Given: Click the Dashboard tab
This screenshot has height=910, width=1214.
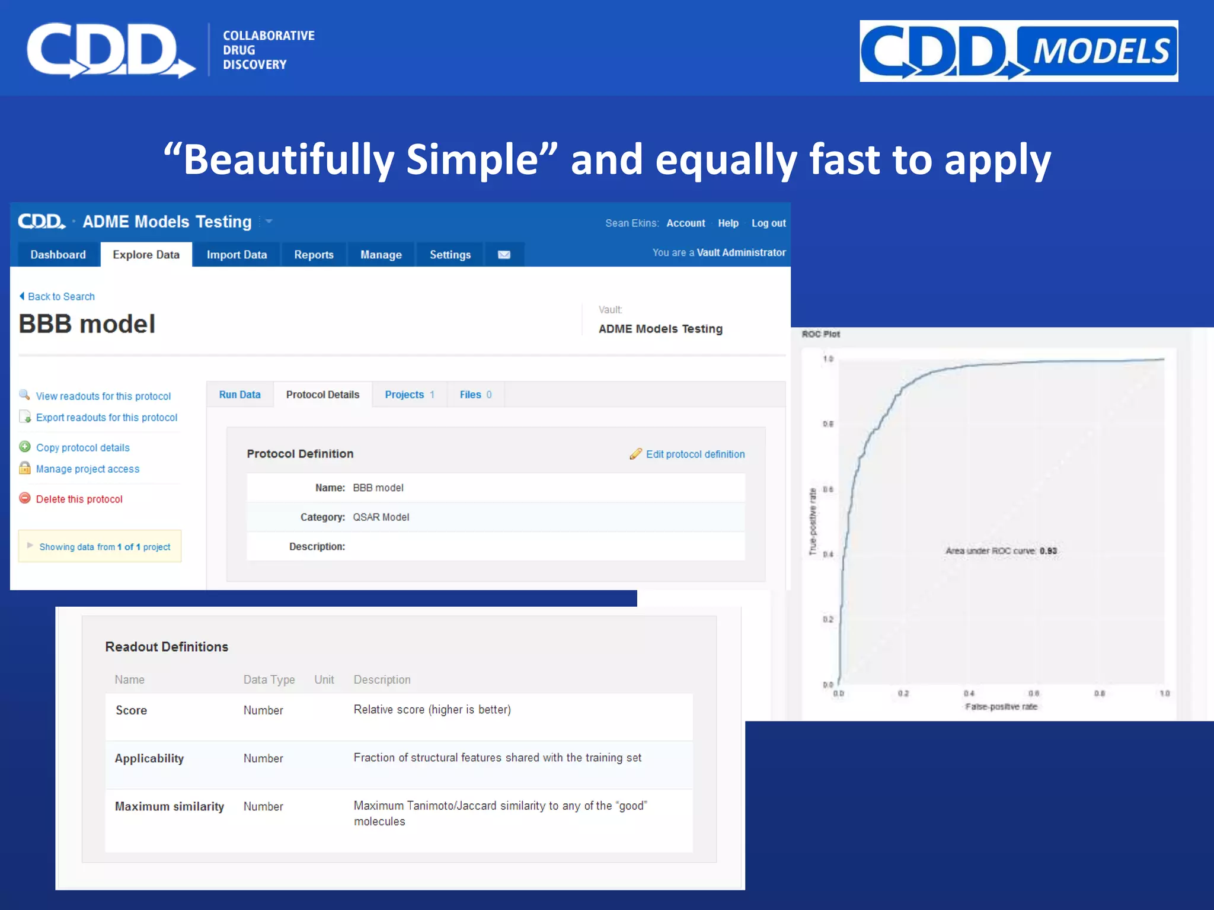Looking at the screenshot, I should tap(58, 255).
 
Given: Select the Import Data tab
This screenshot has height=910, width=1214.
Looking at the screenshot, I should tap(237, 255).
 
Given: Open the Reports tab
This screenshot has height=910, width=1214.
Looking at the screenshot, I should tap(314, 255).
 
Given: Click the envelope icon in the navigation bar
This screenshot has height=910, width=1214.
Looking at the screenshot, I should tap(504, 255).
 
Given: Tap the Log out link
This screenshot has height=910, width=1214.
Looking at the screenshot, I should tap(768, 223).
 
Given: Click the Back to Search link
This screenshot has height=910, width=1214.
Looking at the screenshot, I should tap(61, 297).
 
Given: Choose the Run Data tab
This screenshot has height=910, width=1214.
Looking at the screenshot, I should tap(239, 395).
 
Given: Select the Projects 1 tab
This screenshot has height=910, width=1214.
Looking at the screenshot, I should tap(410, 395).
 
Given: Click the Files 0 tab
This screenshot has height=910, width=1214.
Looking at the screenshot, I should tap(475, 395).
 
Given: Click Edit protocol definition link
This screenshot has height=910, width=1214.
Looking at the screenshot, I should tap(695, 454).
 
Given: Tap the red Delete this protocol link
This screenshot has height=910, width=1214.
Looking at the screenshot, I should tap(79, 499).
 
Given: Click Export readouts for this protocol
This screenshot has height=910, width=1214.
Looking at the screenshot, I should tap(107, 418).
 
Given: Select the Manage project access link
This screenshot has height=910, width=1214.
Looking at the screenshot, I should tap(88, 469).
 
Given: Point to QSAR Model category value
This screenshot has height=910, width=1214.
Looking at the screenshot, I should tap(381, 517).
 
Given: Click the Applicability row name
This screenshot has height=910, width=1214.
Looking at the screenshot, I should tap(149, 758).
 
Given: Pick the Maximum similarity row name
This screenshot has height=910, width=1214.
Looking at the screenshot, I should tap(170, 806).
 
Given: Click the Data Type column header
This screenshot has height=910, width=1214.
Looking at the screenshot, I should tap(269, 680).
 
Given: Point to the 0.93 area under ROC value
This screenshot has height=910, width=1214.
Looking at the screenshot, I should tap(1048, 551).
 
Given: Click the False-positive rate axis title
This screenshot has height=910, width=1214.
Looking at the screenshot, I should tap(1001, 707).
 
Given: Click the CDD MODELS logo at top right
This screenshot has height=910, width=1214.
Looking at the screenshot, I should tap(1018, 51).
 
